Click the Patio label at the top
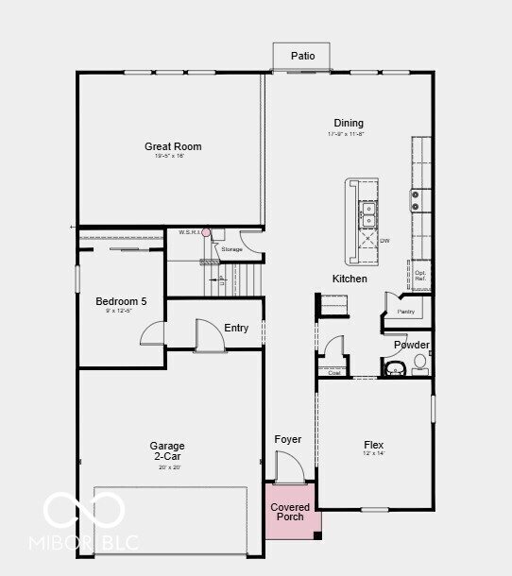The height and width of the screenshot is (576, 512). pyautogui.click(x=302, y=56)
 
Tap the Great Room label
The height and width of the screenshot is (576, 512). pyautogui.click(x=173, y=146)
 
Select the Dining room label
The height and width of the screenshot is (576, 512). pyautogui.click(x=348, y=123)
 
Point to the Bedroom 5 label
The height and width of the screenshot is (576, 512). pyautogui.click(x=121, y=301)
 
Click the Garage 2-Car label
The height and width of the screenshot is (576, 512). pyautogui.click(x=167, y=450)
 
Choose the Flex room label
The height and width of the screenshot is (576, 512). pyautogui.click(x=374, y=444)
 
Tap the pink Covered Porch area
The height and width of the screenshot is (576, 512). pyautogui.click(x=290, y=512)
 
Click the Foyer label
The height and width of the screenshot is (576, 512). pyautogui.click(x=288, y=439)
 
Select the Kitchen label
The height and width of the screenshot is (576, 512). pyautogui.click(x=350, y=279)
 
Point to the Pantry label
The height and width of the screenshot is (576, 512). pyautogui.click(x=406, y=311)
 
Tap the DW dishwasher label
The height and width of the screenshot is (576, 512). pyautogui.click(x=384, y=241)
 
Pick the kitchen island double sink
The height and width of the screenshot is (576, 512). pyautogui.click(x=367, y=213)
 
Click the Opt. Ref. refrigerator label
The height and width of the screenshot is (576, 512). pyautogui.click(x=420, y=276)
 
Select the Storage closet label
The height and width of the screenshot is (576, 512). pyautogui.click(x=232, y=249)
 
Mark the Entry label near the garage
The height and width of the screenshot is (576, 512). pyautogui.click(x=236, y=328)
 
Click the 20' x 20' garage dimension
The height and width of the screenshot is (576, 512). pyautogui.click(x=167, y=466)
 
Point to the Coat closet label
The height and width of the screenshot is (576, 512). pyautogui.click(x=334, y=372)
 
